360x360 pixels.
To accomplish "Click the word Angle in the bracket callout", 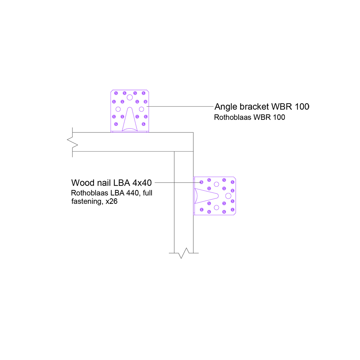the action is pyautogui.click(x=226, y=107).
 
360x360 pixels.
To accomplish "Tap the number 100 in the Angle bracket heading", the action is pyautogui.click(x=302, y=107).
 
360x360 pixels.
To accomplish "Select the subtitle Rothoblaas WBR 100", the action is pyautogui.click(x=249, y=117).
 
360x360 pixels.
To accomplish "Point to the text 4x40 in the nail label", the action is pyautogui.click(x=142, y=183).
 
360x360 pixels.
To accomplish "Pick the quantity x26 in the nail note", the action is pyautogui.click(x=112, y=201).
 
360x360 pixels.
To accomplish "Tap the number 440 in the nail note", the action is pyautogui.click(x=132, y=193).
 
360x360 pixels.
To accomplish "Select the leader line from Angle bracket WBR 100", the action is pyautogui.click(x=180, y=106).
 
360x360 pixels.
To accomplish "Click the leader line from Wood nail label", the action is pyautogui.click(x=178, y=183).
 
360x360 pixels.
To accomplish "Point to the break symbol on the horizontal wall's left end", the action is pyautogui.click(x=73, y=142).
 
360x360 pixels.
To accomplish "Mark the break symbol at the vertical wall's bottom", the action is pyautogui.click(x=184, y=253).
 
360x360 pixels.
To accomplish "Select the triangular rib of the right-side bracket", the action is pyautogui.click(x=206, y=196).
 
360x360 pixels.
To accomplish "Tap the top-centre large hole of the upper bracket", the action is pyautogui.click(x=130, y=98).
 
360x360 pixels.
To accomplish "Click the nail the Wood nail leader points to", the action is pyautogui.click(x=201, y=182).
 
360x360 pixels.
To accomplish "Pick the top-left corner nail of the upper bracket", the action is pyautogui.click(x=116, y=93).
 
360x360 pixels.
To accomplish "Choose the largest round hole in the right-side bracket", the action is pyautogui.click(x=228, y=196).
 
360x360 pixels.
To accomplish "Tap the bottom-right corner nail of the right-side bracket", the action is pyautogui.click(x=233, y=210).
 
